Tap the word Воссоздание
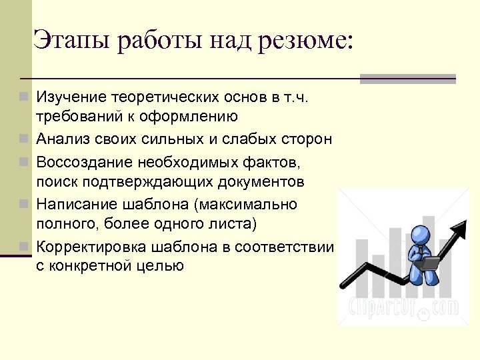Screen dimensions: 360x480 click(x=85, y=161)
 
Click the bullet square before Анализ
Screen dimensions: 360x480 click(x=24, y=139)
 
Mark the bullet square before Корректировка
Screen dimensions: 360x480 click(x=24, y=247)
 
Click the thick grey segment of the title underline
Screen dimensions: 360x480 click(x=407, y=79)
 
